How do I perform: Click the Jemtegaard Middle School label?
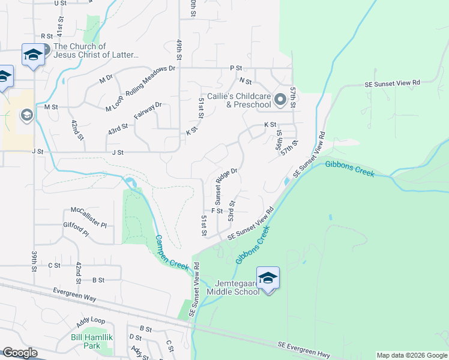(x=233, y=287)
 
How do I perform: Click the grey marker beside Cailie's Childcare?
(x=280, y=100)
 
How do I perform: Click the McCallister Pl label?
(x=88, y=211)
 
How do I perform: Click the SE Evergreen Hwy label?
(x=304, y=346)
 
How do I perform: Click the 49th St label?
(x=179, y=50)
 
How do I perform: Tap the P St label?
(x=235, y=68)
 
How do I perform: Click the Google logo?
(x=19, y=353)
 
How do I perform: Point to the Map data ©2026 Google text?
(x=412, y=355)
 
